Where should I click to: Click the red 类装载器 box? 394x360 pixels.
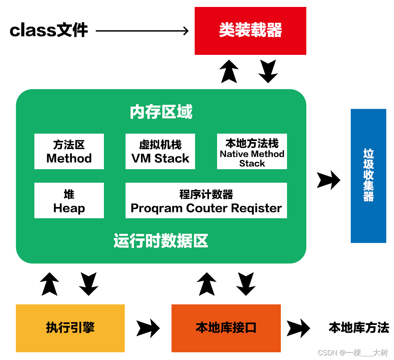point(250,31)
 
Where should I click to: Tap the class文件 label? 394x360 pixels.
point(49,31)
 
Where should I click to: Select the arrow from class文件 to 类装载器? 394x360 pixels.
point(142,31)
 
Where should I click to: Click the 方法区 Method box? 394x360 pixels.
point(69,151)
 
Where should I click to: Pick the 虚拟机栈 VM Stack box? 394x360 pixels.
point(160,151)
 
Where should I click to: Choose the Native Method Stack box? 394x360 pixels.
point(252,151)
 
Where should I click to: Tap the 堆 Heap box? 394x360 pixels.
point(69,200)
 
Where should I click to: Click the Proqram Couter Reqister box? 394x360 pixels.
point(206,200)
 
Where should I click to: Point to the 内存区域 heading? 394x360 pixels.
point(161,112)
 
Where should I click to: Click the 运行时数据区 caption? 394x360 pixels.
point(161,241)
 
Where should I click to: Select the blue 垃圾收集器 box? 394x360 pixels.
point(368,176)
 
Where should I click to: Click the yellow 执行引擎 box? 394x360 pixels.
point(70,328)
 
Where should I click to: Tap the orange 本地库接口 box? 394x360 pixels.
point(226,328)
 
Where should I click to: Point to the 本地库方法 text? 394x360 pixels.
point(359,328)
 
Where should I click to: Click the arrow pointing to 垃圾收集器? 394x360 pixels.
point(328,180)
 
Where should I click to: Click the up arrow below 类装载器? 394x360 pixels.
point(229,71)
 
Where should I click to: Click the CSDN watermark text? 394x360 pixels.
point(353,352)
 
